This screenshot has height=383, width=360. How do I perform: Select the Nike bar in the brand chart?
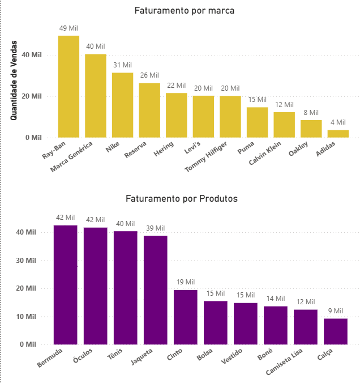(x=122, y=105)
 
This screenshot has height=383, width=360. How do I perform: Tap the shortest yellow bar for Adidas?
(x=338, y=134)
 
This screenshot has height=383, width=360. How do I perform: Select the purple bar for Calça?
(x=336, y=331)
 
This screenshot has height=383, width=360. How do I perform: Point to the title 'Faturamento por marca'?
(x=184, y=10)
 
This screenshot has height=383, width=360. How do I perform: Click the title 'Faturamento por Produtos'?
(x=181, y=198)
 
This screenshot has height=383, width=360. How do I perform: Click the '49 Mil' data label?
(x=68, y=28)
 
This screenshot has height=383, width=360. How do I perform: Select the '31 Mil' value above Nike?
(x=122, y=65)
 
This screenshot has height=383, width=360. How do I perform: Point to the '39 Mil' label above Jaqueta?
(x=156, y=227)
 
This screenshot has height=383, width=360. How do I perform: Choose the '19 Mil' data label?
(x=186, y=282)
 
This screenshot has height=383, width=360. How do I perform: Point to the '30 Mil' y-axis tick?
(x=27, y=261)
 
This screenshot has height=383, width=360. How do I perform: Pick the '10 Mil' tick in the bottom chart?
(x=27, y=316)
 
